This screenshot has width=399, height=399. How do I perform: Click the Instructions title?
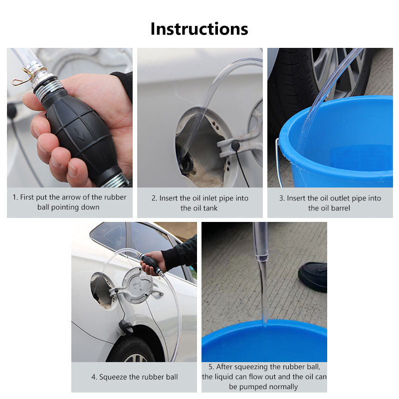[x=199, y=29]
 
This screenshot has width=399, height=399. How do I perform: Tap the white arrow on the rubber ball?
[x=80, y=134]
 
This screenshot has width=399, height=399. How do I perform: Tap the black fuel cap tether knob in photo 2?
[x=235, y=145]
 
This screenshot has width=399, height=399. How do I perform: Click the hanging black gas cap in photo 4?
[x=125, y=328]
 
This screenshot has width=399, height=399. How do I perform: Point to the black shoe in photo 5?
[x=313, y=277]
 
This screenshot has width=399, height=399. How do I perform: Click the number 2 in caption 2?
[x=154, y=198]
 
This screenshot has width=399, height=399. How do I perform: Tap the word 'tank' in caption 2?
[x=210, y=208]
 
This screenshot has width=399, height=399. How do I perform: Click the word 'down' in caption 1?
[x=90, y=207]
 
